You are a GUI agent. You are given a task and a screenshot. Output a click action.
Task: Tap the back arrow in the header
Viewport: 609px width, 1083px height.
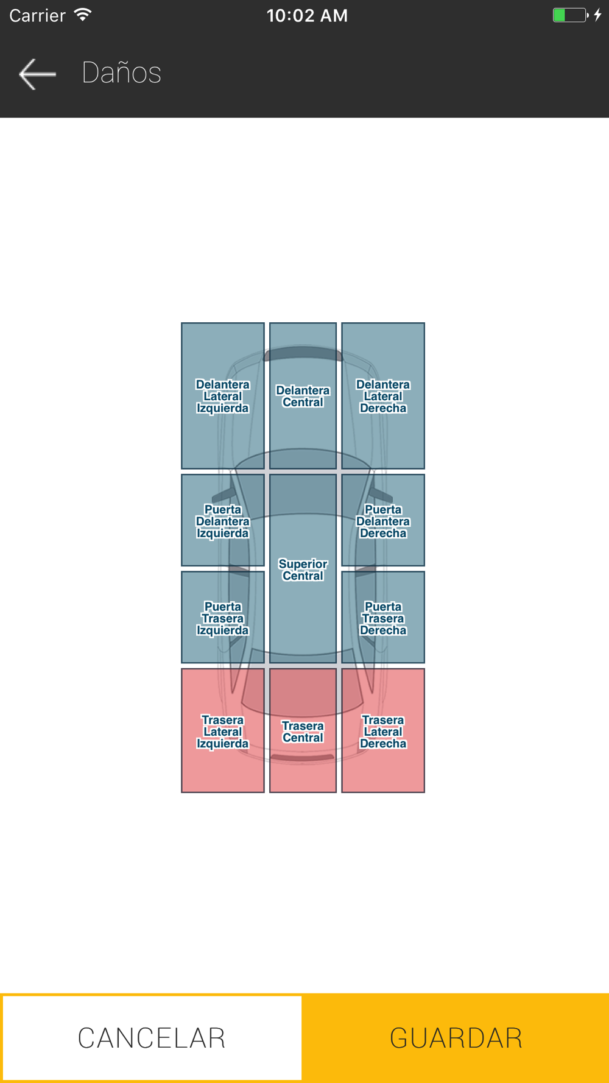point(37,74)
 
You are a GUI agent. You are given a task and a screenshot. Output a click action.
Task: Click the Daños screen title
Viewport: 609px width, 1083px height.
point(121,72)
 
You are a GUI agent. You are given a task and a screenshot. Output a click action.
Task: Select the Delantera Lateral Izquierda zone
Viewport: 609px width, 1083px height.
point(223,396)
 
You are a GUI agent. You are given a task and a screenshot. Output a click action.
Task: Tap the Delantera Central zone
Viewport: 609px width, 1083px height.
point(303,396)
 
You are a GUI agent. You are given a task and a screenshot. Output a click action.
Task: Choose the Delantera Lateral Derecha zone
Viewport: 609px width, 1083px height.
point(383,396)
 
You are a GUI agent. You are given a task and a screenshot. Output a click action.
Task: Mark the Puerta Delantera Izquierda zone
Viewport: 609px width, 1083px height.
point(223,521)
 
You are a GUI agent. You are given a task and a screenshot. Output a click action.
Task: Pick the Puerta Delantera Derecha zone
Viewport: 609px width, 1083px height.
point(383,521)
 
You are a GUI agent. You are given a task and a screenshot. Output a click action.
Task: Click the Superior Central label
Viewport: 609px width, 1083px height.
point(303,570)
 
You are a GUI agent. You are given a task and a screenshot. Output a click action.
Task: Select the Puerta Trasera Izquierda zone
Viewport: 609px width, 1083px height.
point(223,618)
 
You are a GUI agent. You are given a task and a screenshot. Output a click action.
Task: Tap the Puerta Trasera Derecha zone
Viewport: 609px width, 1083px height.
point(383,618)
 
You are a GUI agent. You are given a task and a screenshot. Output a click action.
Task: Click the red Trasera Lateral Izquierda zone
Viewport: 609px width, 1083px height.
point(223,731)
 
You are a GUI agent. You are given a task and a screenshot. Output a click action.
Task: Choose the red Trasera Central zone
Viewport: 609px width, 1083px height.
point(303,732)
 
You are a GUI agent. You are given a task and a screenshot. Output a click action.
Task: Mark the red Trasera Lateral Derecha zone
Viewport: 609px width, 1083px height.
point(383,731)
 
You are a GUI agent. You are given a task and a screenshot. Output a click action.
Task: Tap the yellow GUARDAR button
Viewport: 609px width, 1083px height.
point(456,1038)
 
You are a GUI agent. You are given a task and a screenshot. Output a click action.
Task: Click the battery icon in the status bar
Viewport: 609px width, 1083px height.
point(569,15)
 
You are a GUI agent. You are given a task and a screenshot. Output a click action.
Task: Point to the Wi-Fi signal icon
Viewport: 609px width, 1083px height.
point(82,15)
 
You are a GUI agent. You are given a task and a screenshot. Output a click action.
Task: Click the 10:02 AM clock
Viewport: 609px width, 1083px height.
point(307,15)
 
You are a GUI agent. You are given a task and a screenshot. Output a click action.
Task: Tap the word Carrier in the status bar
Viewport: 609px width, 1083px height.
point(37,15)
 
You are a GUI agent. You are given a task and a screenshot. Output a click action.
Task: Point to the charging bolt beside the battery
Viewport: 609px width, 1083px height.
point(598,15)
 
